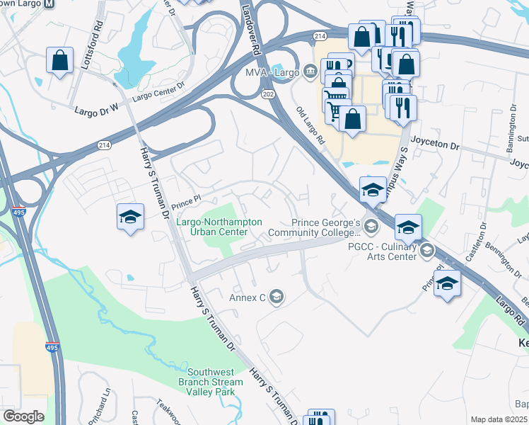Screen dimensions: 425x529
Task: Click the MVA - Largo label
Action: click(271, 72)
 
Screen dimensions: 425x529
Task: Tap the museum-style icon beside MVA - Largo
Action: click(310, 72)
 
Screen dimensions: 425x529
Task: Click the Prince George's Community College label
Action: click(332, 226)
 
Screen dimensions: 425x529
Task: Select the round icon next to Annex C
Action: click(277, 297)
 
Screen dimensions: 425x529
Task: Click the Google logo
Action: click(23, 416)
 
